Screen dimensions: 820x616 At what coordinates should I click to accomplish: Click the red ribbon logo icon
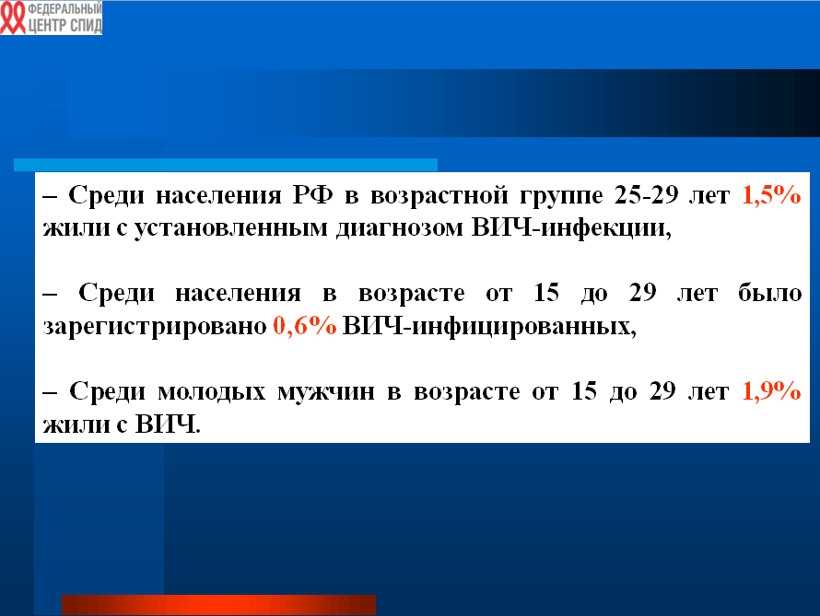13,17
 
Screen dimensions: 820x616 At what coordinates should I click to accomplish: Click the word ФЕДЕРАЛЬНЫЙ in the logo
64,9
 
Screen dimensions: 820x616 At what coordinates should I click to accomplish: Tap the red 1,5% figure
771,195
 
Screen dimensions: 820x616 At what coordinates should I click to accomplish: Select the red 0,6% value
305,326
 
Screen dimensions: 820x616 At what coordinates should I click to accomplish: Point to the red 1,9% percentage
771,391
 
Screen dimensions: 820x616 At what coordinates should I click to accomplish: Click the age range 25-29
646,195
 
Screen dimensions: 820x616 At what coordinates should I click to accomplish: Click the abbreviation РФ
312,195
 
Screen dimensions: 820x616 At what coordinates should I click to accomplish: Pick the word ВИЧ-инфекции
571,228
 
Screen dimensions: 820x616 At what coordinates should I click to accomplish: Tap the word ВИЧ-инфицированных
489,327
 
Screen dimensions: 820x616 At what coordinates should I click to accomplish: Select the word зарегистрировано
155,327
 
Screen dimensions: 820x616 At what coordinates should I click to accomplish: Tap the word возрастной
439,196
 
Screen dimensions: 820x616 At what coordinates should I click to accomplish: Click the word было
770,293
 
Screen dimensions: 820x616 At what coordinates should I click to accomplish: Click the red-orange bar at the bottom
218,605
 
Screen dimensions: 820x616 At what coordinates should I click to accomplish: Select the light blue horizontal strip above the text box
226,165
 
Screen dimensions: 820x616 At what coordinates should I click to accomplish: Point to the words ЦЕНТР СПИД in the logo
64,26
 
